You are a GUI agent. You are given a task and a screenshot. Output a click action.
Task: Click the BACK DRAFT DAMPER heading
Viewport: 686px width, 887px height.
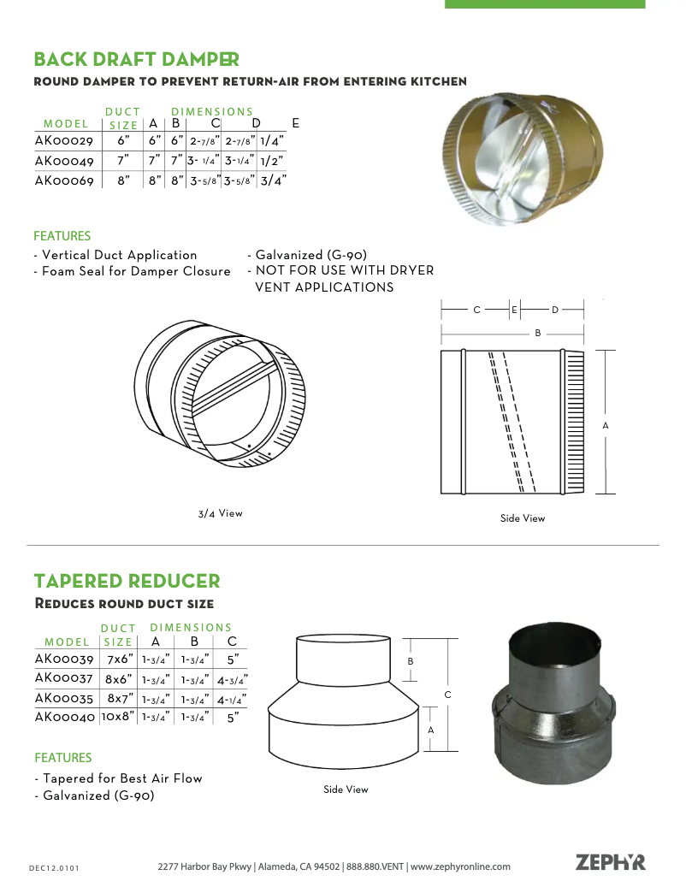[x=136, y=60]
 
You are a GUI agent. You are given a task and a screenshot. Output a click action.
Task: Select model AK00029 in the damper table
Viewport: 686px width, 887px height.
[x=64, y=140]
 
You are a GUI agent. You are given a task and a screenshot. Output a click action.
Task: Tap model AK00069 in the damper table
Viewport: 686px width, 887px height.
[x=64, y=180]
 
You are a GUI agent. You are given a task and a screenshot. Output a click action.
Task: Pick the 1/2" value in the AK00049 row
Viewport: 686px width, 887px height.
[x=272, y=160]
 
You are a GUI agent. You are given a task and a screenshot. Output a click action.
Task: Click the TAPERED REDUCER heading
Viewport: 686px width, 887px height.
[x=127, y=582]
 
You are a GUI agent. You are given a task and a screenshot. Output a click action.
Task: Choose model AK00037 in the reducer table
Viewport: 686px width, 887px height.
[x=64, y=678]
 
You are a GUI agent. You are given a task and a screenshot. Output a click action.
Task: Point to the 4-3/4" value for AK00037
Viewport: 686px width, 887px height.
[x=232, y=681]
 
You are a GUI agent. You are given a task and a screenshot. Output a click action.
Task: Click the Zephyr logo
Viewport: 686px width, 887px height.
[x=610, y=862]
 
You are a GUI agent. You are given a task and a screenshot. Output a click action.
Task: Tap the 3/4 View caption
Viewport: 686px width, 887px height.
[x=221, y=514]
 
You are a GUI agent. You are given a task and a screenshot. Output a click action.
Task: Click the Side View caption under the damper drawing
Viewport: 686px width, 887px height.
[x=523, y=518]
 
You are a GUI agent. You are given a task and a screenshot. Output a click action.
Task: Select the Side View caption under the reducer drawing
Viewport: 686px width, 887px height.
[x=346, y=789]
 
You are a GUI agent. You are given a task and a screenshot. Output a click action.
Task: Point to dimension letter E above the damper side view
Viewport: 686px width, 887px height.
[x=514, y=310]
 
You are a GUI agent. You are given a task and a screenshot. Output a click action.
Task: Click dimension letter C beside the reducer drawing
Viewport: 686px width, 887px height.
[x=447, y=695]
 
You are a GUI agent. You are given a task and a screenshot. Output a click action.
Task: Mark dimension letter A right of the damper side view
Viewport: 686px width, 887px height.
[x=606, y=425]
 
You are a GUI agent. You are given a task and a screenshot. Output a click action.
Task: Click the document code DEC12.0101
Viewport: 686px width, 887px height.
[x=54, y=868]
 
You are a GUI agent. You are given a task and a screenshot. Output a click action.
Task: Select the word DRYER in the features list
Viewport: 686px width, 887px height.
[x=410, y=270]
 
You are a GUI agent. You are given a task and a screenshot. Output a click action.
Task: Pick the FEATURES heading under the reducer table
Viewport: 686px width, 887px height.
[x=62, y=758]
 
